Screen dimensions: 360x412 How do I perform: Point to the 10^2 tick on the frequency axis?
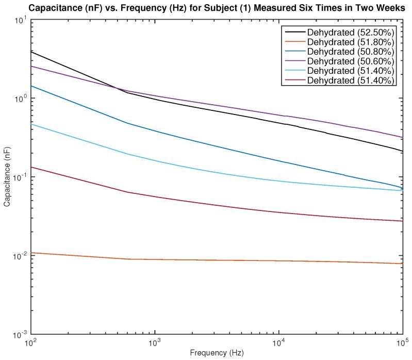30,342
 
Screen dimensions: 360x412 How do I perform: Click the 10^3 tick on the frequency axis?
154,342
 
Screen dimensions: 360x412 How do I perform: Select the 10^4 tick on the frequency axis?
278,342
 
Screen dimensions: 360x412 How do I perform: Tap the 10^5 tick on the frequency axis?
402,342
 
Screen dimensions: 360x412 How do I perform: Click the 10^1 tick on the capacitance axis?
21,20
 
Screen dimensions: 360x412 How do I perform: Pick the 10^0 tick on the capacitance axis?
21,99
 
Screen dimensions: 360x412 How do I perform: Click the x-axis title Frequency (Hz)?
217,353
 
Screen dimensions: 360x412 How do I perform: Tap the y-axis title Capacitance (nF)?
7,177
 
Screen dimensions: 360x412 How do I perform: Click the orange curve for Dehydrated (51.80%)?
206,260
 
